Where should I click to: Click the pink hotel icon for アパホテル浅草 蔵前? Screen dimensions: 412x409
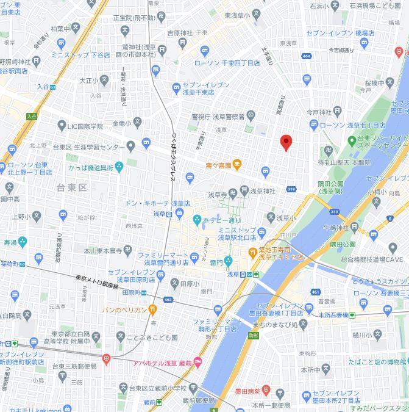tap(197, 361)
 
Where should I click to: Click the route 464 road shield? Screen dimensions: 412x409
tap(306, 56)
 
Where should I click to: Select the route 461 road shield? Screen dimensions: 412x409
tap(315, 294)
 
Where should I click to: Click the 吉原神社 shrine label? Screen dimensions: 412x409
tap(180, 32)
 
